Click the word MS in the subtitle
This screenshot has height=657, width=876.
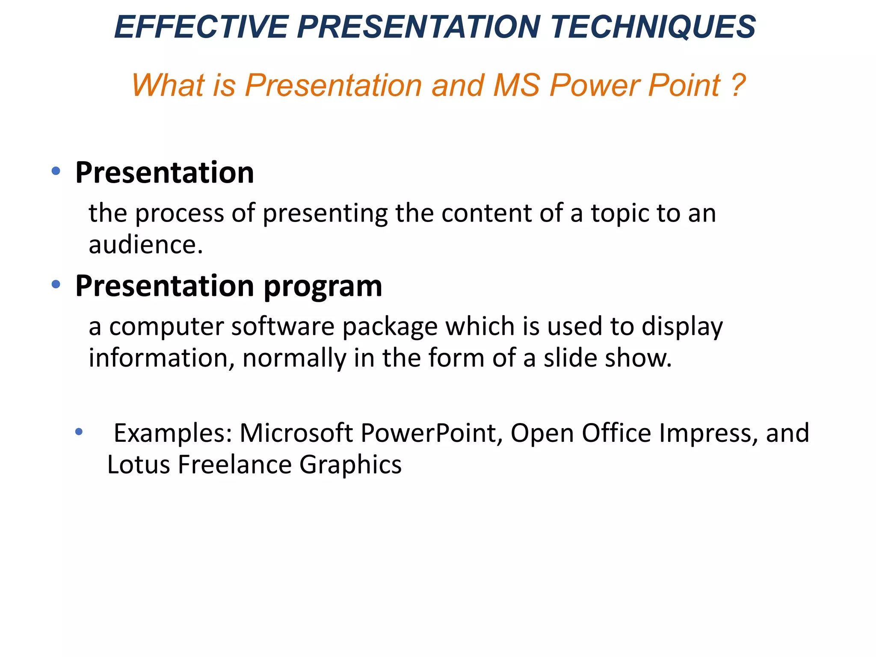tap(516, 85)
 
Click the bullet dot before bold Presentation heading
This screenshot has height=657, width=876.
tap(56, 171)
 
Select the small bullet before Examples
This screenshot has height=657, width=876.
tap(79, 432)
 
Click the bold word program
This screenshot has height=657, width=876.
tap(323, 287)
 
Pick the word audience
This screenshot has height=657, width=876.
tap(145, 245)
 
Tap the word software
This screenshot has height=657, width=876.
tap(283, 327)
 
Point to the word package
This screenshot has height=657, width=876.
tap(390, 328)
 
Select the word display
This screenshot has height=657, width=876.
tap(682, 327)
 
